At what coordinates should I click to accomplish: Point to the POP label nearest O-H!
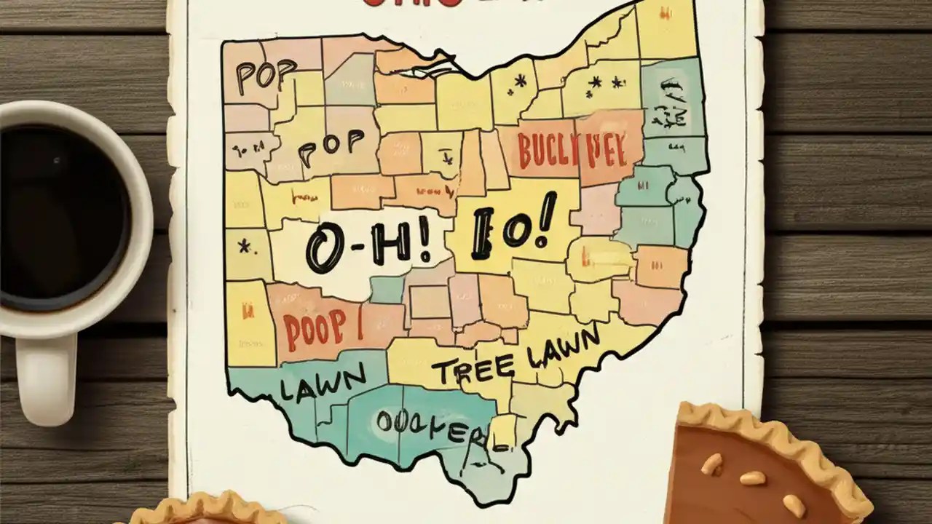329,146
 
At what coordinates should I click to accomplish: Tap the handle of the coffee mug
45,378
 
